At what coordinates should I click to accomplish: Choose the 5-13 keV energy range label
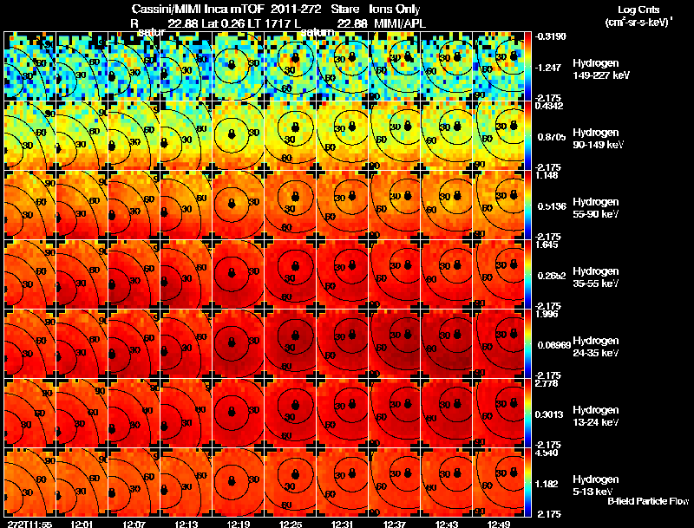tap(595, 491)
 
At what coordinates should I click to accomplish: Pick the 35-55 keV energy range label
tap(596, 284)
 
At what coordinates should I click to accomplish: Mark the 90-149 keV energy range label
tap(598, 145)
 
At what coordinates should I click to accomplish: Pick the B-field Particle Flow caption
tap(647, 502)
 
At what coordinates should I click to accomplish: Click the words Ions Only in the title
tap(396, 9)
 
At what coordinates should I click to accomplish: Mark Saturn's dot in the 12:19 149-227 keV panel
tap(231, 65)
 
